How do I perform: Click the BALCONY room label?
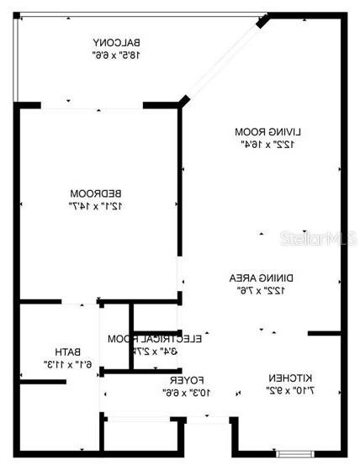pyautogui.click(x=115, y=42)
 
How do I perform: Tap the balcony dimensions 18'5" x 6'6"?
pyautogui.click(x=115, y=55)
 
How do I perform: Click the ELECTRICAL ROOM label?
pyautogui.click(x=155, y=338)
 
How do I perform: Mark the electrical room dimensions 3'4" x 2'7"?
pyautogui.click(x=155, y=351)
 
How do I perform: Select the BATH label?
pyautogui.click(x=66, y=352)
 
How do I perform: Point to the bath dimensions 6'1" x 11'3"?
pyautogui.click(x=66, y=364)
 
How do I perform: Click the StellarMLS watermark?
pyautogui.click(x=311, y=239)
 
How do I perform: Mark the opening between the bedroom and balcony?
pyautogui.click(x=91, y=106)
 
